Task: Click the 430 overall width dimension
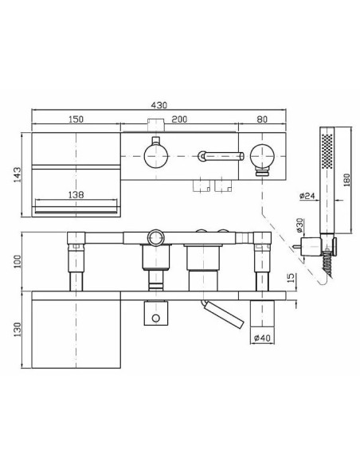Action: pyautogui.click(x=159, y=105)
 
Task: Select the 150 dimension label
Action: pyautogui.click(x=76, y=119)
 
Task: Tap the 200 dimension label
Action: pyautogui.click(x=179, y=119)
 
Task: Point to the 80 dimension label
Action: pyautogui.click(x=262, y=119)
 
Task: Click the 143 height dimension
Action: pyautogui.click(x=18, y=174)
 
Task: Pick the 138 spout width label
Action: pyautogui.click(x=76, y=194)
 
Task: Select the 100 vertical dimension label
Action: pyautogui.click(x=18, y=261)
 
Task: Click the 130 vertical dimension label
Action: pyautogui.click(x=18, y=330)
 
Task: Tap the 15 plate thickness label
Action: pyautogui.click(x=292, y=278)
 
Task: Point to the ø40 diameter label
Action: pyautogui.click(x=263, y=338)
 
